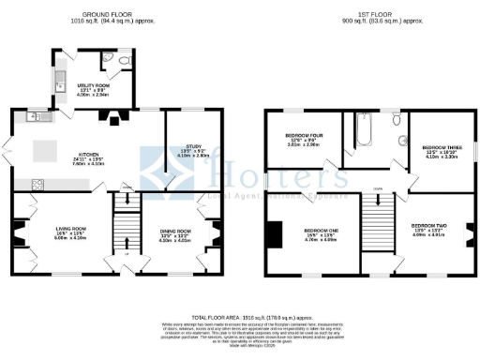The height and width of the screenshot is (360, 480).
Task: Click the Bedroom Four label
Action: point(305,140)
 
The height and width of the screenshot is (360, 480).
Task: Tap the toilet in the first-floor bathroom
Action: point(397,120)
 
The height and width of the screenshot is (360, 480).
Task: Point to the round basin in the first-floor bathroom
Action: point(404,142)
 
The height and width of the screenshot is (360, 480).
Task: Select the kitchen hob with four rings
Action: point(37,184)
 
